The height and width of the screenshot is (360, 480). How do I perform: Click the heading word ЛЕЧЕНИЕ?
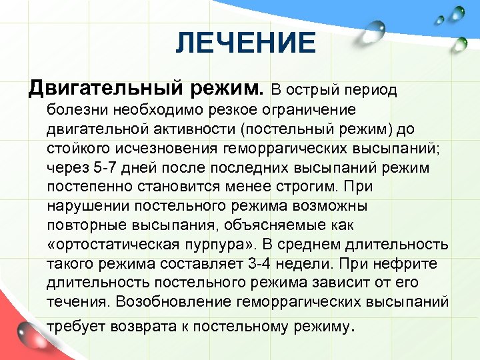[246, 44]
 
